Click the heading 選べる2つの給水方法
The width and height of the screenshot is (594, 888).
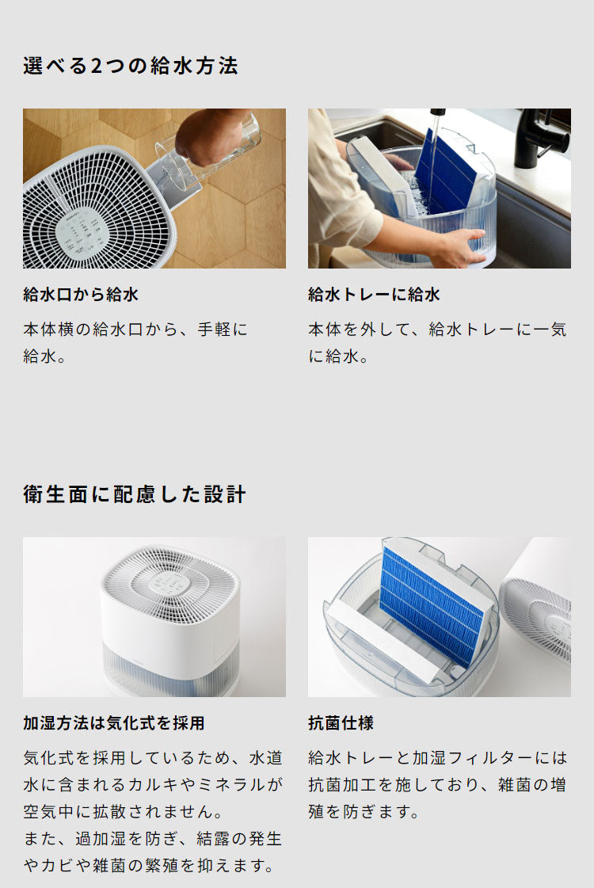[131, 66]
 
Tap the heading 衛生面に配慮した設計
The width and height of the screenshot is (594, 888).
[135, 495]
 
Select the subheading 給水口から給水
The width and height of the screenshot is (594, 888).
[81, 295]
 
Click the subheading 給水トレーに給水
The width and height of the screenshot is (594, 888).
[374, 295]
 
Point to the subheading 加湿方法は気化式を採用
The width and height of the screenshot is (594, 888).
[114, 723]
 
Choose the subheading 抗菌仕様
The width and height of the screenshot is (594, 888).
[341, 723]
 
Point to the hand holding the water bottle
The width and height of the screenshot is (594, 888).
[208, 135]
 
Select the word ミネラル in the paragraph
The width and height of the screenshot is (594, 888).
[246, 785]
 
